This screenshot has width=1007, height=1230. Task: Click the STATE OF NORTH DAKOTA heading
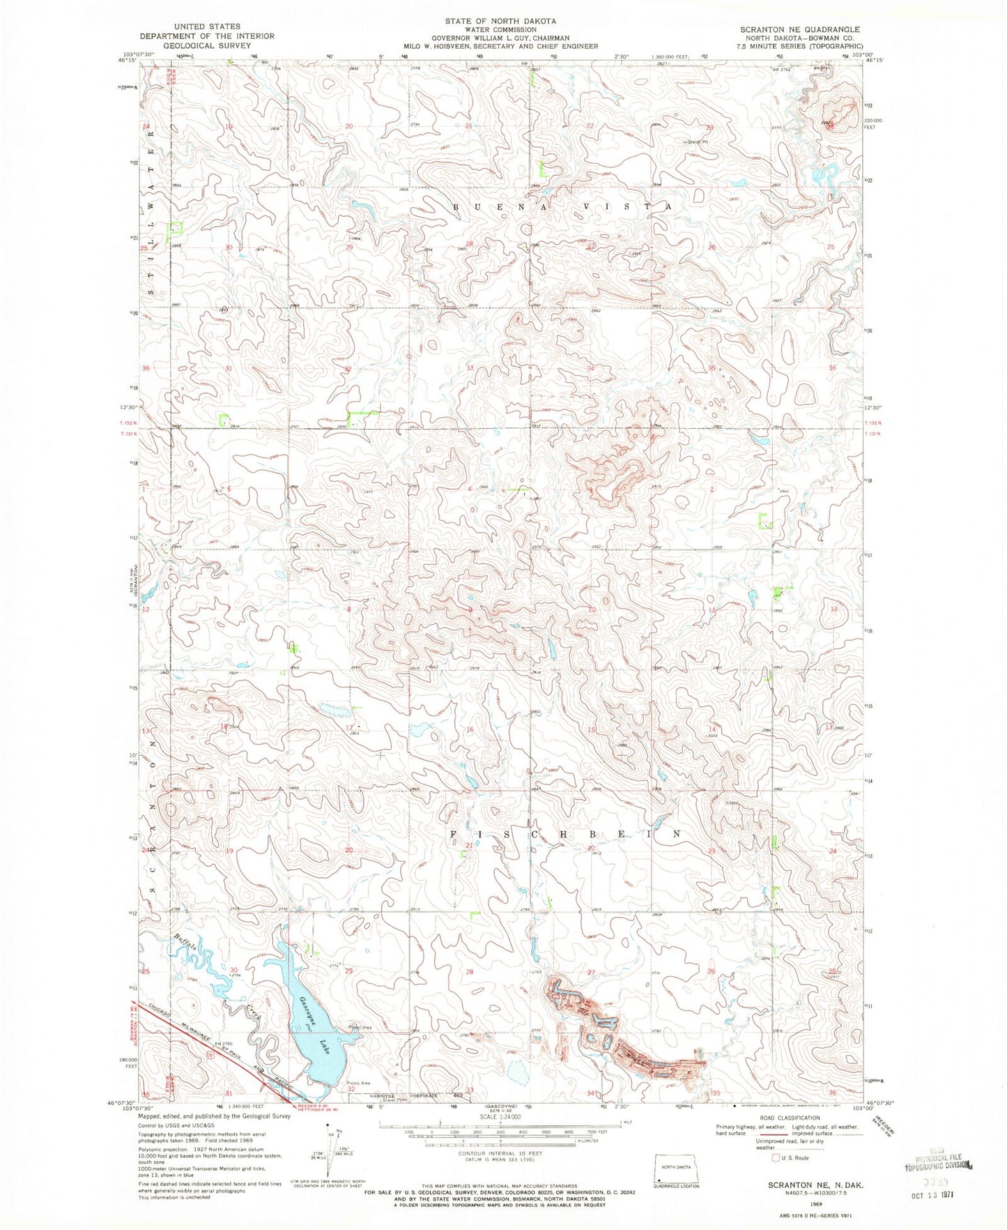[x=500, y=21]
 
